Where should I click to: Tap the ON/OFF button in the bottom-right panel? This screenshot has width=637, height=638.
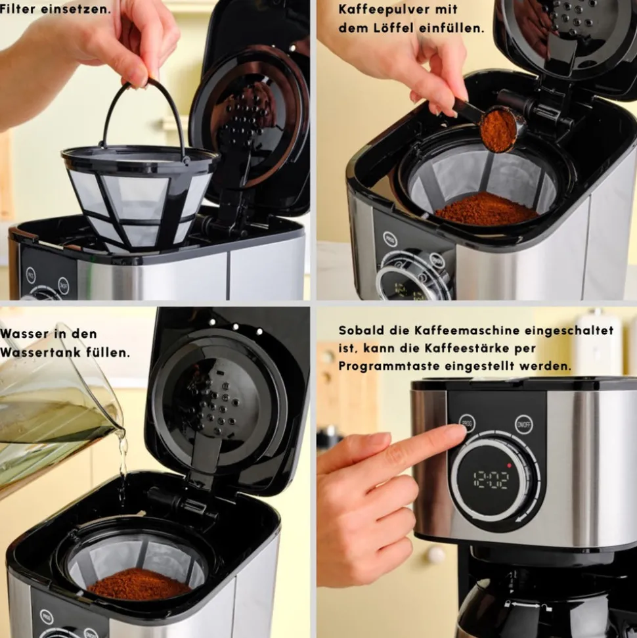(523, 423)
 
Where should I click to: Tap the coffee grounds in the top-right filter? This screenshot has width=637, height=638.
(486, 210)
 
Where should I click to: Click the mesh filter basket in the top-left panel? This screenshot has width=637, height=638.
(138, 197)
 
